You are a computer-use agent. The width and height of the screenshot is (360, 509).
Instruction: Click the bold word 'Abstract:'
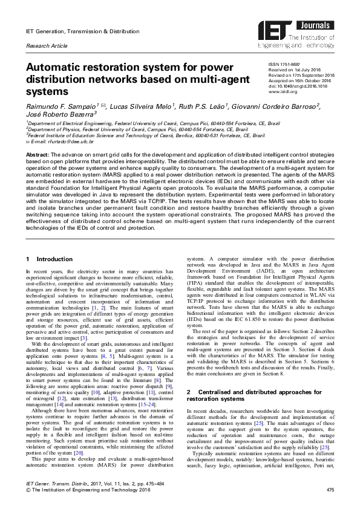[38, 155]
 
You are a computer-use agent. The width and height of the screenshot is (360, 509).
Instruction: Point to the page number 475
[330, 489]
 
